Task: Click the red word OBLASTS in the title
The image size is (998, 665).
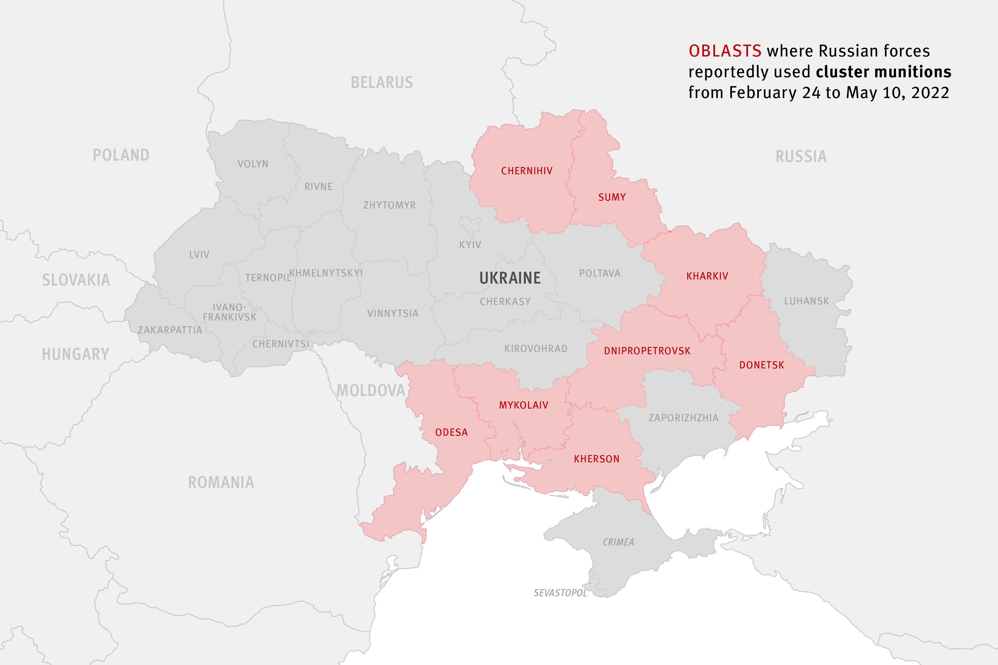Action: click(x=725, y=51)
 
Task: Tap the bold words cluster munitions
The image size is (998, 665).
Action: click(x=884, y=72)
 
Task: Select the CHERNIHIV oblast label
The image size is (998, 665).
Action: click(x=527, y=171)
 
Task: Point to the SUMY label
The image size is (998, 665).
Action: click(x=612, y=197)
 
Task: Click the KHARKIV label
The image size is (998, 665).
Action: click(x=707, y=276)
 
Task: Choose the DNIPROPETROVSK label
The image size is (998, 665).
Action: click(x=647, y=351)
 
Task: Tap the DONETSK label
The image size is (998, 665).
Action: click(x=762, y=365)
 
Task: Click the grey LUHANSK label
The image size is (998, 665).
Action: click(x=806, y=301)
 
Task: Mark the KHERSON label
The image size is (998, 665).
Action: click(x=597, y=459)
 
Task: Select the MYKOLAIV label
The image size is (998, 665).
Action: click(x=524, y=405)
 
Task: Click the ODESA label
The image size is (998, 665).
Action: click(x=451, y=433)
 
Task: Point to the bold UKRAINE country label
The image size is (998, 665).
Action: click(x=510, y=278)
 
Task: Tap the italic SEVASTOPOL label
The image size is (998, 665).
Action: click(x=560, y=593)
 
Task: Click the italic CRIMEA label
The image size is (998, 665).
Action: click(x=618, y=542)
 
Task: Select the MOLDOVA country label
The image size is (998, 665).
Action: click(x=371, y=390)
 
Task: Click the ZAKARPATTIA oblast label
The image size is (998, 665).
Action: click(x=170, y=330)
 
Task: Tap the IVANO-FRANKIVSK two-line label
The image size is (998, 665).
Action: click(x=229, y=312)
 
